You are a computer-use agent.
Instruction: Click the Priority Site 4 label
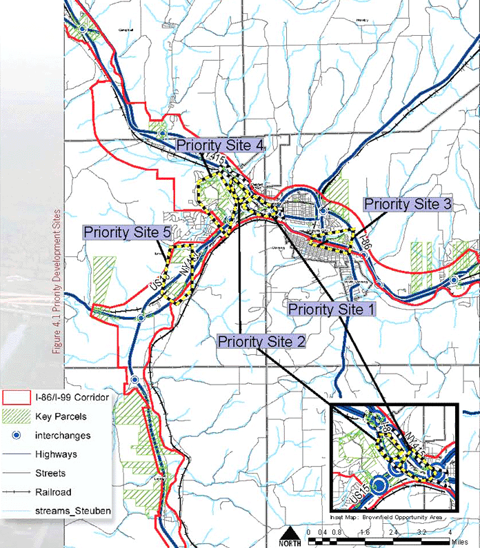click(220, 145)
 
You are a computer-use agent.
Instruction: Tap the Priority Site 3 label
click(408, 204)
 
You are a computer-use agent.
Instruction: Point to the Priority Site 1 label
click(332, 309)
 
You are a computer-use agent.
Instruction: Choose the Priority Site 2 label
click(261, 341)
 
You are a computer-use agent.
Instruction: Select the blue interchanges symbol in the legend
click(19, 436)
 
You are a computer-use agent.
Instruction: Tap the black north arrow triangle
click(290, 534)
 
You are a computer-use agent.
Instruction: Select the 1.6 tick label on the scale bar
click(365, 533)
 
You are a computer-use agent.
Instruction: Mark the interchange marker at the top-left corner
click(81, 29)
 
